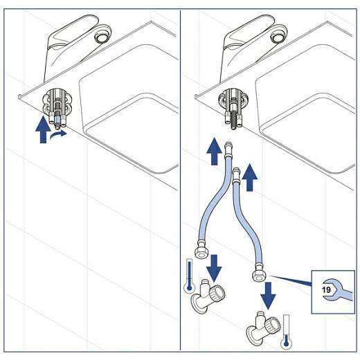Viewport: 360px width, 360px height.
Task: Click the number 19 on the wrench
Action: point(326,289)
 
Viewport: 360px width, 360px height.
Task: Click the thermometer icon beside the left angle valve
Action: point(190,276)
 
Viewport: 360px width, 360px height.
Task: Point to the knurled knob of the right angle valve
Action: point(273,325)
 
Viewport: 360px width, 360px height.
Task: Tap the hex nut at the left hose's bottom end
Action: point(201,252)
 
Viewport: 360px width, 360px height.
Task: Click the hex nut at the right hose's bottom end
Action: point(259,275)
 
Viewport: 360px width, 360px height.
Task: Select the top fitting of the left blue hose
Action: point(228,150)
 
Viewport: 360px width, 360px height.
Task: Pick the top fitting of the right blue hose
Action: point(237,174)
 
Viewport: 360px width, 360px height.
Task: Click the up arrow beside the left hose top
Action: point(215,151)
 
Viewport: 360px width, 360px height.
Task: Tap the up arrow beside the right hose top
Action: point(250,177)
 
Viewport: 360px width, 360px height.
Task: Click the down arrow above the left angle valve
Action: point(214,268)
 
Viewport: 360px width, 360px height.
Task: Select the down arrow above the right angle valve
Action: point(268,296)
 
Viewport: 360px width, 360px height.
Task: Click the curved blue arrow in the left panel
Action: point(58,136)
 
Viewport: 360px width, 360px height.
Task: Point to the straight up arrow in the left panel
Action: point(43,129)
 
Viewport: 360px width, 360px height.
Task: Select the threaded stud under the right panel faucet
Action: point(233,119)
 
